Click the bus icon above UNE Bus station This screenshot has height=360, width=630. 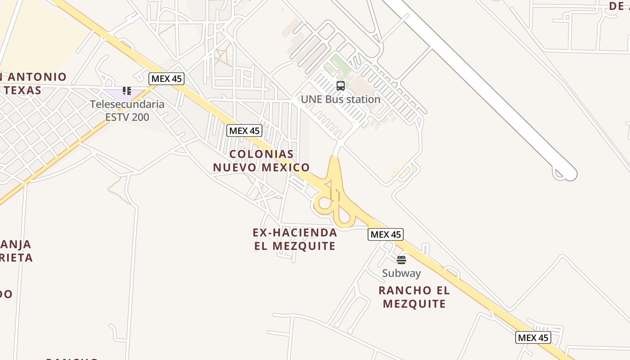point(341,85)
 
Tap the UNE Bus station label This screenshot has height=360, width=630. point(341,99)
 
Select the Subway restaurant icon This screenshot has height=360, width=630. point(401,260)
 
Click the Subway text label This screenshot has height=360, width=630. point(401,273)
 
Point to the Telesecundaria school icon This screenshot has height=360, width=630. point(127,91)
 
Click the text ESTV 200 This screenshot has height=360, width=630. point(127,117)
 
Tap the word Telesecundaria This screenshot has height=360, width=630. point(127,104)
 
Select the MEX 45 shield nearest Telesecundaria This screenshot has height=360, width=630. point(166,79)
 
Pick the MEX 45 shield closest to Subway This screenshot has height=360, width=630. point(386,234)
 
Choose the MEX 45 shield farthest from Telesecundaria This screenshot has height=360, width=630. point(533,337)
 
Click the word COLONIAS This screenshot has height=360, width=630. point(261,154)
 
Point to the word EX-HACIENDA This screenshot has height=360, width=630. point(295,233)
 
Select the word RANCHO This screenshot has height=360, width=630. point(399,290)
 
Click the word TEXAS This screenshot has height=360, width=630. point(23,90)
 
